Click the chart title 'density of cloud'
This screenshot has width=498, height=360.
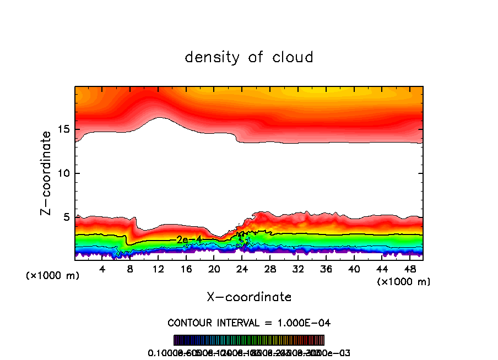249,57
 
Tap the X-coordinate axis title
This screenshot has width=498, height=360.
249,297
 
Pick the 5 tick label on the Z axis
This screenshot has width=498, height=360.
65,217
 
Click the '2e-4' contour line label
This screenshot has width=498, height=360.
189,239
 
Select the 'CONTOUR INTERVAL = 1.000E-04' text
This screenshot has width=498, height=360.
249,322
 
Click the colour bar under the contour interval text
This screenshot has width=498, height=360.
249,340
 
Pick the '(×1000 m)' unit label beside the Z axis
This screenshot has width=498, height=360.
53,276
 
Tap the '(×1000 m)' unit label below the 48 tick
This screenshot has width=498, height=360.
403,281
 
